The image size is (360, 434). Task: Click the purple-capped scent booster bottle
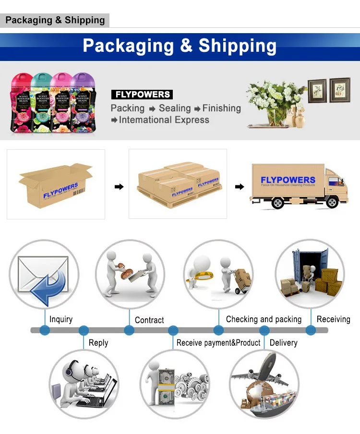(80, 102)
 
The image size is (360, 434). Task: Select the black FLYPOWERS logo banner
(142, 95)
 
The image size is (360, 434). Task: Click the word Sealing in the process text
(175, 108)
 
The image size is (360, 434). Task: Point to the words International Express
(164, 120)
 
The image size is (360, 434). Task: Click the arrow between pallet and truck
(239, 186)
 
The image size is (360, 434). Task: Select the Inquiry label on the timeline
(61, 319)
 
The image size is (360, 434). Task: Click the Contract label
(149, 320)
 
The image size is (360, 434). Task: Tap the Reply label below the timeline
(98, 343)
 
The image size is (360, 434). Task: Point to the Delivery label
(283, 343)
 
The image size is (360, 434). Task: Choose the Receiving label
(333, 319)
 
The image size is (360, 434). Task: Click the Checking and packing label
(264, 319)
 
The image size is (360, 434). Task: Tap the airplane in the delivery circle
(258, 372)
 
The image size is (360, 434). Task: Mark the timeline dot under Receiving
(311, 330)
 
